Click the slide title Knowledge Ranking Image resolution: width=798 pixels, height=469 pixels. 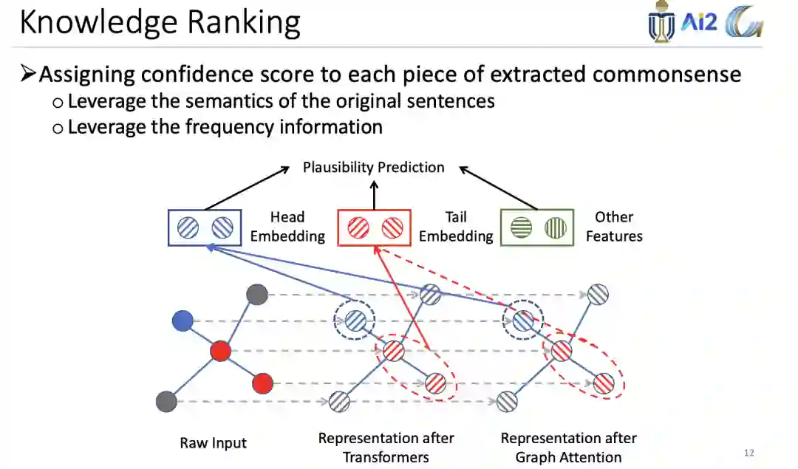(160, 23)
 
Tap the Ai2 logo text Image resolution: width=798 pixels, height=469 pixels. (699, 23)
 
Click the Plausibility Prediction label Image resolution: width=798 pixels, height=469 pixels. (373, 168)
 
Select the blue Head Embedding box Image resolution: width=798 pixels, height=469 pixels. (204, 227)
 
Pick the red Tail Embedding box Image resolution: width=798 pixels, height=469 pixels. (373, 227)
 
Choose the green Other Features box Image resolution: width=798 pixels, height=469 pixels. (537, 227)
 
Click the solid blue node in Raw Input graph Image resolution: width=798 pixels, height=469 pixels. (183, 321)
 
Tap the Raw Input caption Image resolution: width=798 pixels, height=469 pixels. (213, 443)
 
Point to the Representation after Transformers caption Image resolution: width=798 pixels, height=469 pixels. (386, 448)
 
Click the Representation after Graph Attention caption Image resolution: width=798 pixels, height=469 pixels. (568, 448)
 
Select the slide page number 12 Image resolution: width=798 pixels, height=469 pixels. (748, 453)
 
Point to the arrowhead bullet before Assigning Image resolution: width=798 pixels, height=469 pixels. (28, 74)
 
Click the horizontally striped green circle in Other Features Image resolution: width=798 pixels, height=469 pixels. (521, 228)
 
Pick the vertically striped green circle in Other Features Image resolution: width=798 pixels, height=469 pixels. (555, 228)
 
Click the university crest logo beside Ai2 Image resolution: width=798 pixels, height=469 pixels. (661, 23)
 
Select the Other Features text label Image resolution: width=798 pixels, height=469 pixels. (614, 227)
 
